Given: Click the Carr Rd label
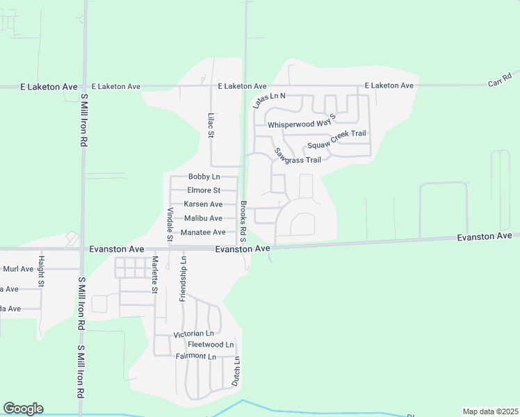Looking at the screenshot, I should tap(500, 79).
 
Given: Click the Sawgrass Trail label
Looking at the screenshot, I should tap(297, 156).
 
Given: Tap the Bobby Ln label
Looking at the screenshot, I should tap(204, 177).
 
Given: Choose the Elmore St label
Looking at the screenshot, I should tap(204, 190).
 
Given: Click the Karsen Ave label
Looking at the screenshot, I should tap(203, 204).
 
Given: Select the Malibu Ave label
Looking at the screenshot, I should tap(203, 218).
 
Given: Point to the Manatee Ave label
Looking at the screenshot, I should tap(203, 232).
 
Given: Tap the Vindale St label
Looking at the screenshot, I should tap(170, 224).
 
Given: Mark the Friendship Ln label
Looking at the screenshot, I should tap(183, 278).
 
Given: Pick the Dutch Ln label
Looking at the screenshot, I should tap(236, 371).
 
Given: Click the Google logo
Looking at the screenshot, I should tap(23, 409).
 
